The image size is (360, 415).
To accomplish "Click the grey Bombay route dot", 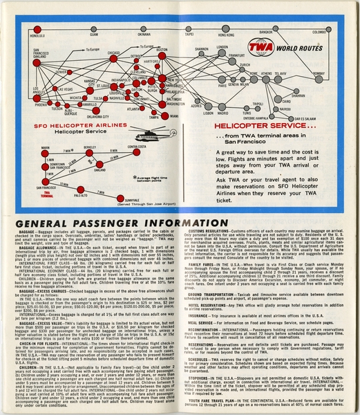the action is tap(317, 77).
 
